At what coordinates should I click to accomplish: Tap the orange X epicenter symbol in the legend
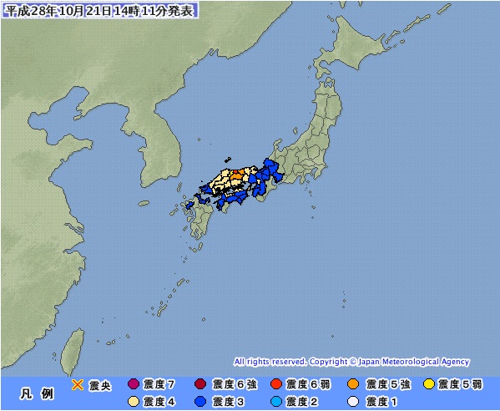tap(78, 384)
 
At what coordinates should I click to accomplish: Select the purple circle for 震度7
tap(134, 384)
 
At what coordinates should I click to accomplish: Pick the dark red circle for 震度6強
tap(199, 384)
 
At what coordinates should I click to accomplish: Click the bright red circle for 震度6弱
tap(276, 384)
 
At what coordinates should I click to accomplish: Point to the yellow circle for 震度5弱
tap(429, 384)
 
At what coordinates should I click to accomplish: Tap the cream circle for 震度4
tap(134, 401)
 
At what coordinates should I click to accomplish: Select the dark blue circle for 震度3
tap(199, 401)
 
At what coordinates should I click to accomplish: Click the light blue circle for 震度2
tap(276, 401)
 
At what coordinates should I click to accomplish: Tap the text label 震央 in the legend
tap(100, 384)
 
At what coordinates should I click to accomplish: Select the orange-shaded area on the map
tap(236, 175)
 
